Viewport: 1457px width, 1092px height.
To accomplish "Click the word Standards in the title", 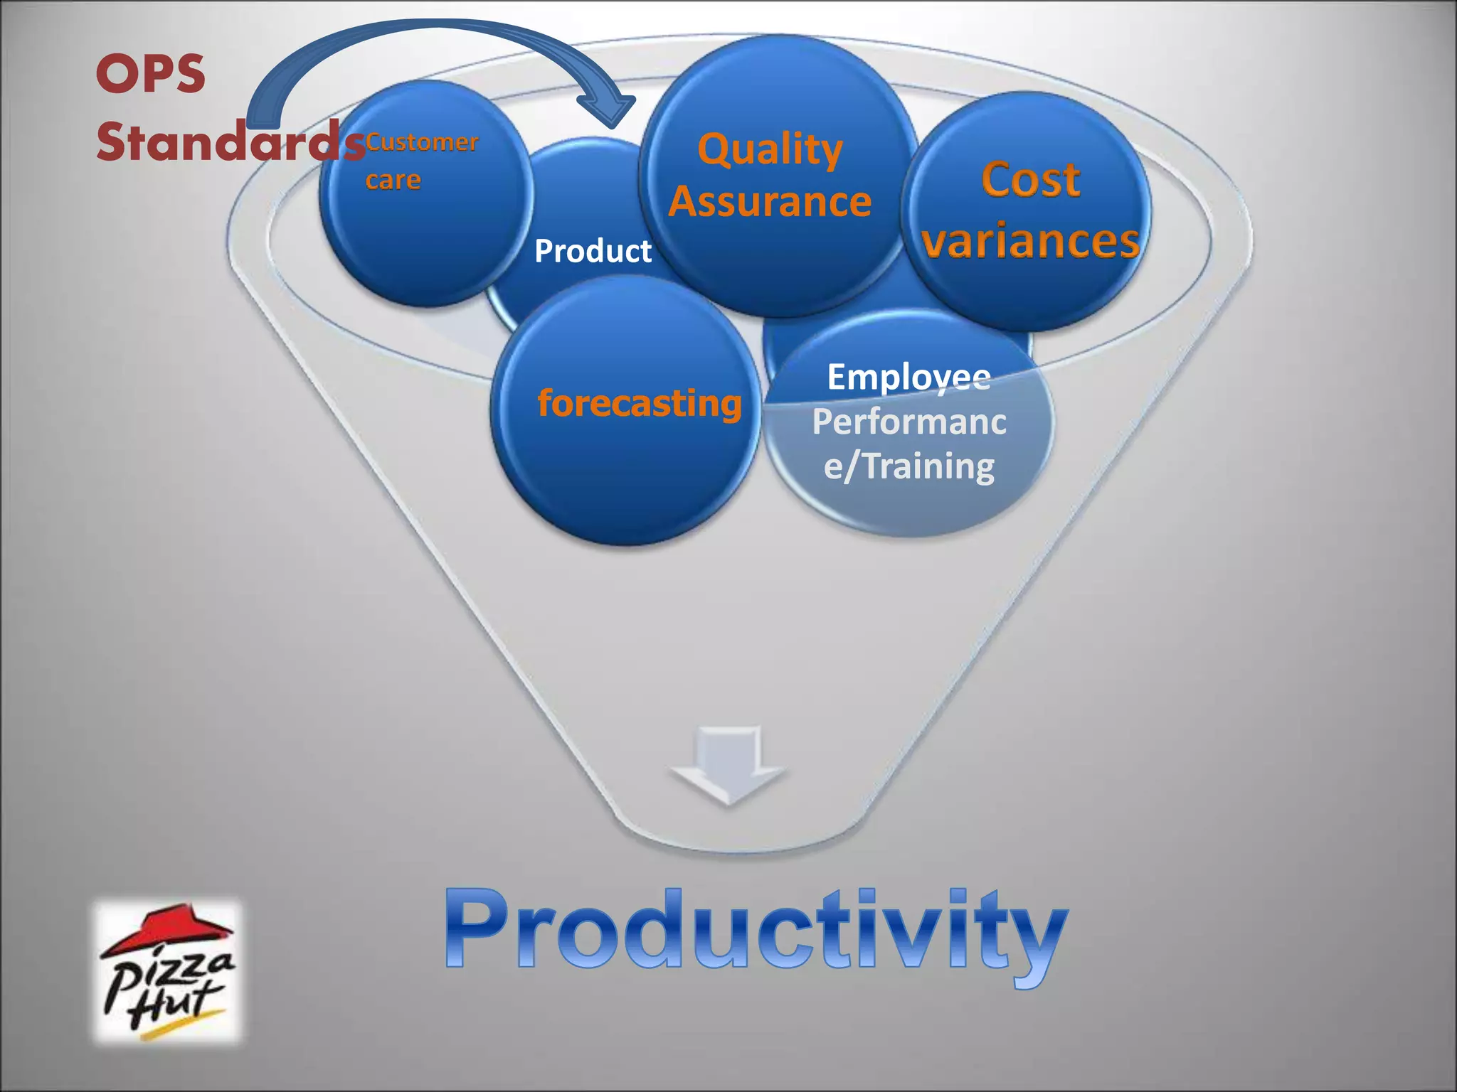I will pos(230,141).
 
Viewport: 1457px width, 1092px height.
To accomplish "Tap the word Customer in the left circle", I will pos(423,142).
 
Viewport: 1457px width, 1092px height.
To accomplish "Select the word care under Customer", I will pos(393,180).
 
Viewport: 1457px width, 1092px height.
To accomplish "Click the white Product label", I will pos(593,251).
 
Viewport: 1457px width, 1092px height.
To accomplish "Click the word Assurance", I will pos(770,202).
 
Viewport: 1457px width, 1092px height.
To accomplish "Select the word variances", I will pos(1030,240).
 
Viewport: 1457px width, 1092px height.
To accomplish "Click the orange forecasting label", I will pos(639,403).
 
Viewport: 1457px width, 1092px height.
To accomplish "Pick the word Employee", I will pos(908,377).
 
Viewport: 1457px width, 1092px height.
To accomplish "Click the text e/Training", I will pos(908,466).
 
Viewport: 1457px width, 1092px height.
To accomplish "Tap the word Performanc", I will pos(908,422).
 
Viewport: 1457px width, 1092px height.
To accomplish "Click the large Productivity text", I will pos(756,931).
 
